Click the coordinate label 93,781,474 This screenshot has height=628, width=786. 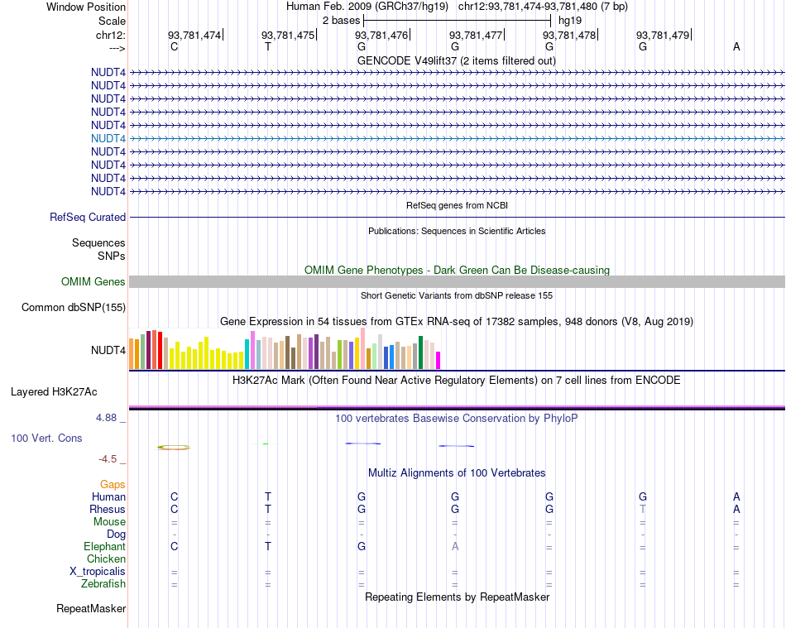(194, 35)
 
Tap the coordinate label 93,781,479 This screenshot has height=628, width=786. (663, 35)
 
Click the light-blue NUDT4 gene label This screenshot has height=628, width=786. (108, 138)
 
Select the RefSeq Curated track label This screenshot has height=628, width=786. (88, 218)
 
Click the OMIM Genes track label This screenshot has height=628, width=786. (93, 282)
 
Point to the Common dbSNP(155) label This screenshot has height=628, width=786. (74, 308)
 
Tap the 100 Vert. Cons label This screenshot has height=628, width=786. (46, 438)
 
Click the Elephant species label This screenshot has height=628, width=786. (104, 547)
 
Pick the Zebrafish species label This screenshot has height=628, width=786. (103, 584)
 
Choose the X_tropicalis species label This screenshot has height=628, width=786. (98, 572)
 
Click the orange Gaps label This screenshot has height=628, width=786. (113, 484)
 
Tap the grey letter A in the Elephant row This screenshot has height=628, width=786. (455, 547)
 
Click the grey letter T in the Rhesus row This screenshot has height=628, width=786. (643, 509)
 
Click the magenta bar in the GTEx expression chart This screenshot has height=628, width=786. (439, 360)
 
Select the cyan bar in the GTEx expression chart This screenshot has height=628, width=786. (247, 354)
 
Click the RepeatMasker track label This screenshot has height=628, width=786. (91, 609)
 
